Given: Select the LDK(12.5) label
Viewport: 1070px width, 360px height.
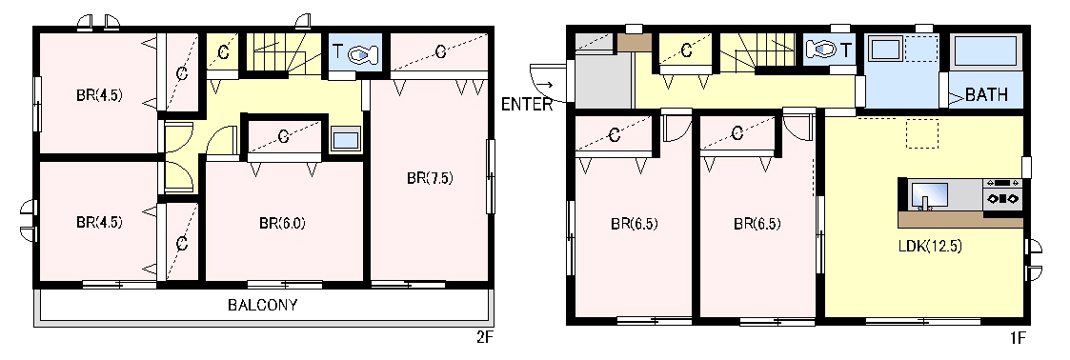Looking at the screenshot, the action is click(930, 247).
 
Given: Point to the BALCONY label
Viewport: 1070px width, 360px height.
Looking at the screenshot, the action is click(263, 305).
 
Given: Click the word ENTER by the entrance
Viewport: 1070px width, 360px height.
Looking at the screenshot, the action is click(526, 105).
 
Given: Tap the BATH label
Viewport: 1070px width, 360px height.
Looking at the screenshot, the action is click(986, 95).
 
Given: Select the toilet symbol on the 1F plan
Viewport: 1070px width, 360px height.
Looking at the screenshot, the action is click(821, 50).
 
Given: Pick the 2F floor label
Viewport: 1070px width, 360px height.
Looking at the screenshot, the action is click(485, 337).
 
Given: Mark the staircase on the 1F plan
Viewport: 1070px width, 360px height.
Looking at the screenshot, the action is click(757, 51).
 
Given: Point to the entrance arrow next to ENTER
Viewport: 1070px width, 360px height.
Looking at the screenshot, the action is click(544, 85).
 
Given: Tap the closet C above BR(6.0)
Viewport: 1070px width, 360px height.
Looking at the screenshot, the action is click(283, 136).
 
